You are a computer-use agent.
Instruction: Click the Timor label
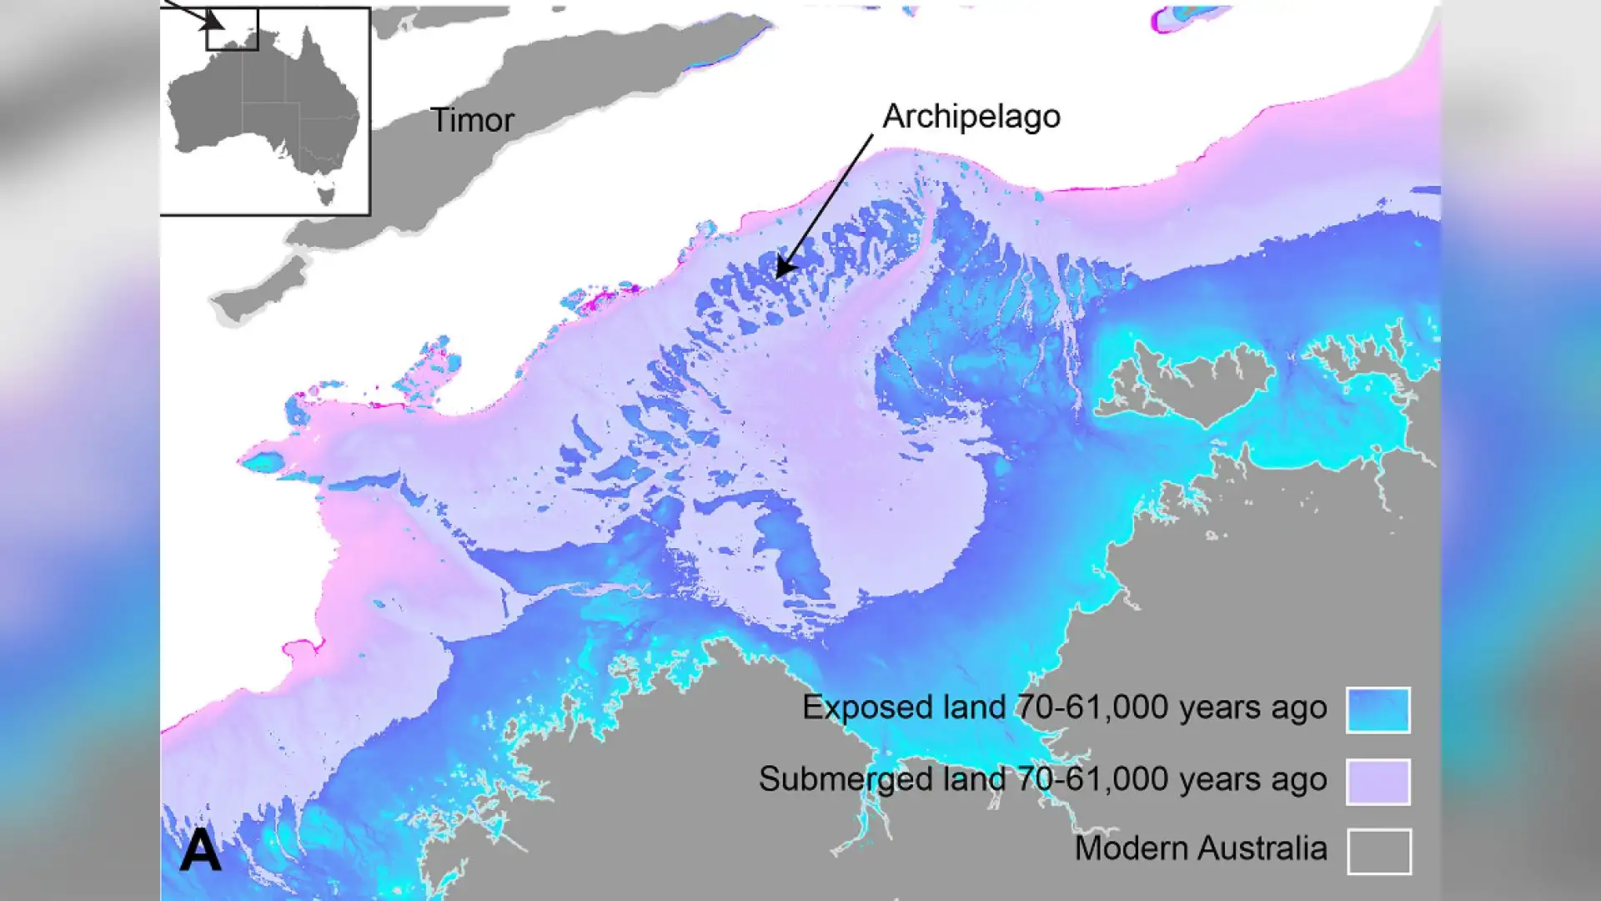[x=472, y=121]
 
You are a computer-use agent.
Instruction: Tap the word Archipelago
[x=971, y=117]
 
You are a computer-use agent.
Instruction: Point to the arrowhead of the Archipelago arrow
[x=781, y=271]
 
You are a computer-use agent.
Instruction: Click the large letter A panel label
[x=200, y=851]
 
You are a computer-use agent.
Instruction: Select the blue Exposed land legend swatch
[x=1378, y=710]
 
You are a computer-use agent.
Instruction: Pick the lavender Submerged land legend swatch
[x=1378, y=782]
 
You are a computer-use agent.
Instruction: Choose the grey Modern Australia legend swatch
[x=1379, y=852]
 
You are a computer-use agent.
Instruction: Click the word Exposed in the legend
[x=862, y=708]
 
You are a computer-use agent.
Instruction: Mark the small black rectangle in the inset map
[x=233, y=31]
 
